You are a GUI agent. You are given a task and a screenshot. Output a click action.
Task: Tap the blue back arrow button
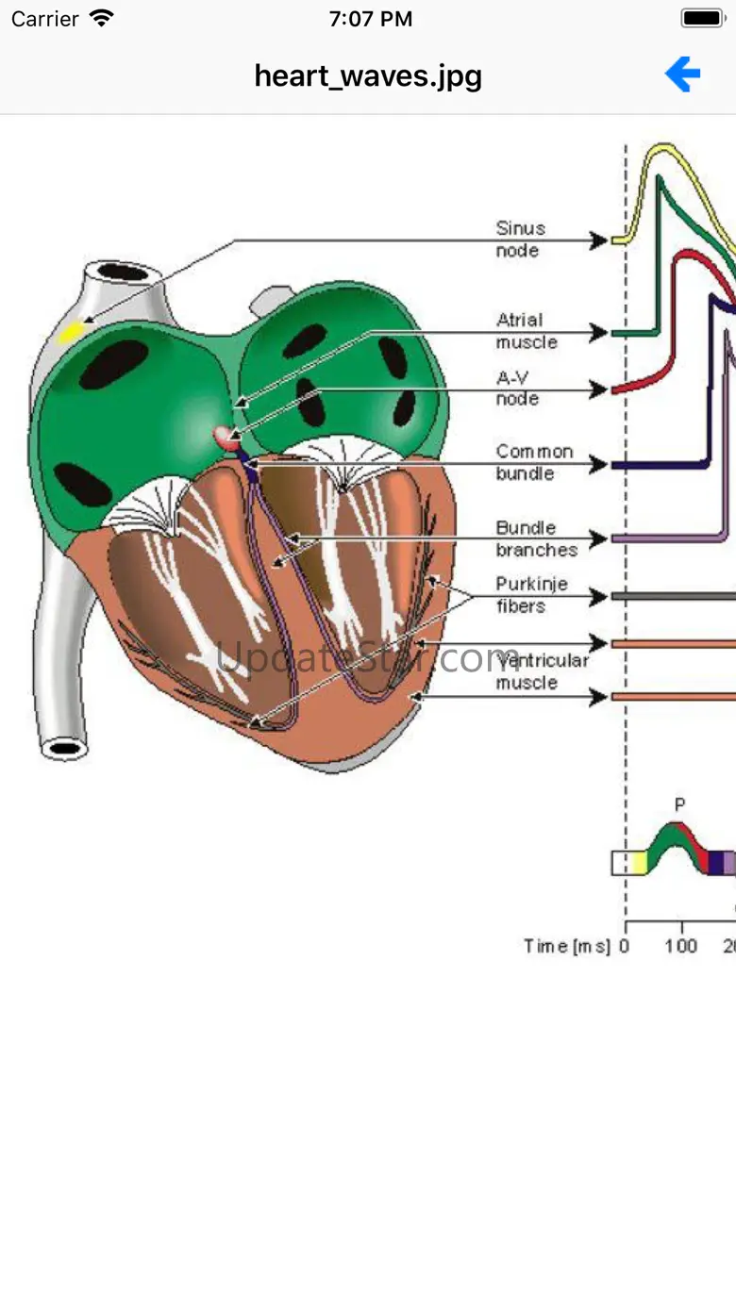click(682, 74)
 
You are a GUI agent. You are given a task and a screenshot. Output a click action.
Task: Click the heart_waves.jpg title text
click(368, 75)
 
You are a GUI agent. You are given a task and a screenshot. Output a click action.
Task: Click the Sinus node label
click(520, 240)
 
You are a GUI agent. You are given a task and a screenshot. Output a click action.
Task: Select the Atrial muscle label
click(526, 331)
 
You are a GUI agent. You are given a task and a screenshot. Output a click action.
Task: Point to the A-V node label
click(518, 389)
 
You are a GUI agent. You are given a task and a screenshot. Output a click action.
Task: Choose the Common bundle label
click(534, 462)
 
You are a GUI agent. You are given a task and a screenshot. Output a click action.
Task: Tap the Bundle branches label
click(536, 538)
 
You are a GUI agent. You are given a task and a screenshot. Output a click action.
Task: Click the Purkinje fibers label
click(531, 595)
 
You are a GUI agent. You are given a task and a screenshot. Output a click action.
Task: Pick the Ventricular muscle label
click(542, 671)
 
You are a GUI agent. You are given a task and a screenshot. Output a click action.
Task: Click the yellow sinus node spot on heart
click(71, 331)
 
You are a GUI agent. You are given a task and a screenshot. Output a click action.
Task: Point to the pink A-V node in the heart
click(225, 436)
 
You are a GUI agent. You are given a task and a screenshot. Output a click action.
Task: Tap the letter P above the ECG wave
click(679, 804)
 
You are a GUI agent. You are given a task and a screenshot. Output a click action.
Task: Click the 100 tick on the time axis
click(680, 946)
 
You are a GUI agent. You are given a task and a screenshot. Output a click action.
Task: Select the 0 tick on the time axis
click(625, 946)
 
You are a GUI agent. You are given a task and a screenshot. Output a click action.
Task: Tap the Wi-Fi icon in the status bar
click(101, 19)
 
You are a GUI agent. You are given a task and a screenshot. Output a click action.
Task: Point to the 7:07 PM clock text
click(370, 19)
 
